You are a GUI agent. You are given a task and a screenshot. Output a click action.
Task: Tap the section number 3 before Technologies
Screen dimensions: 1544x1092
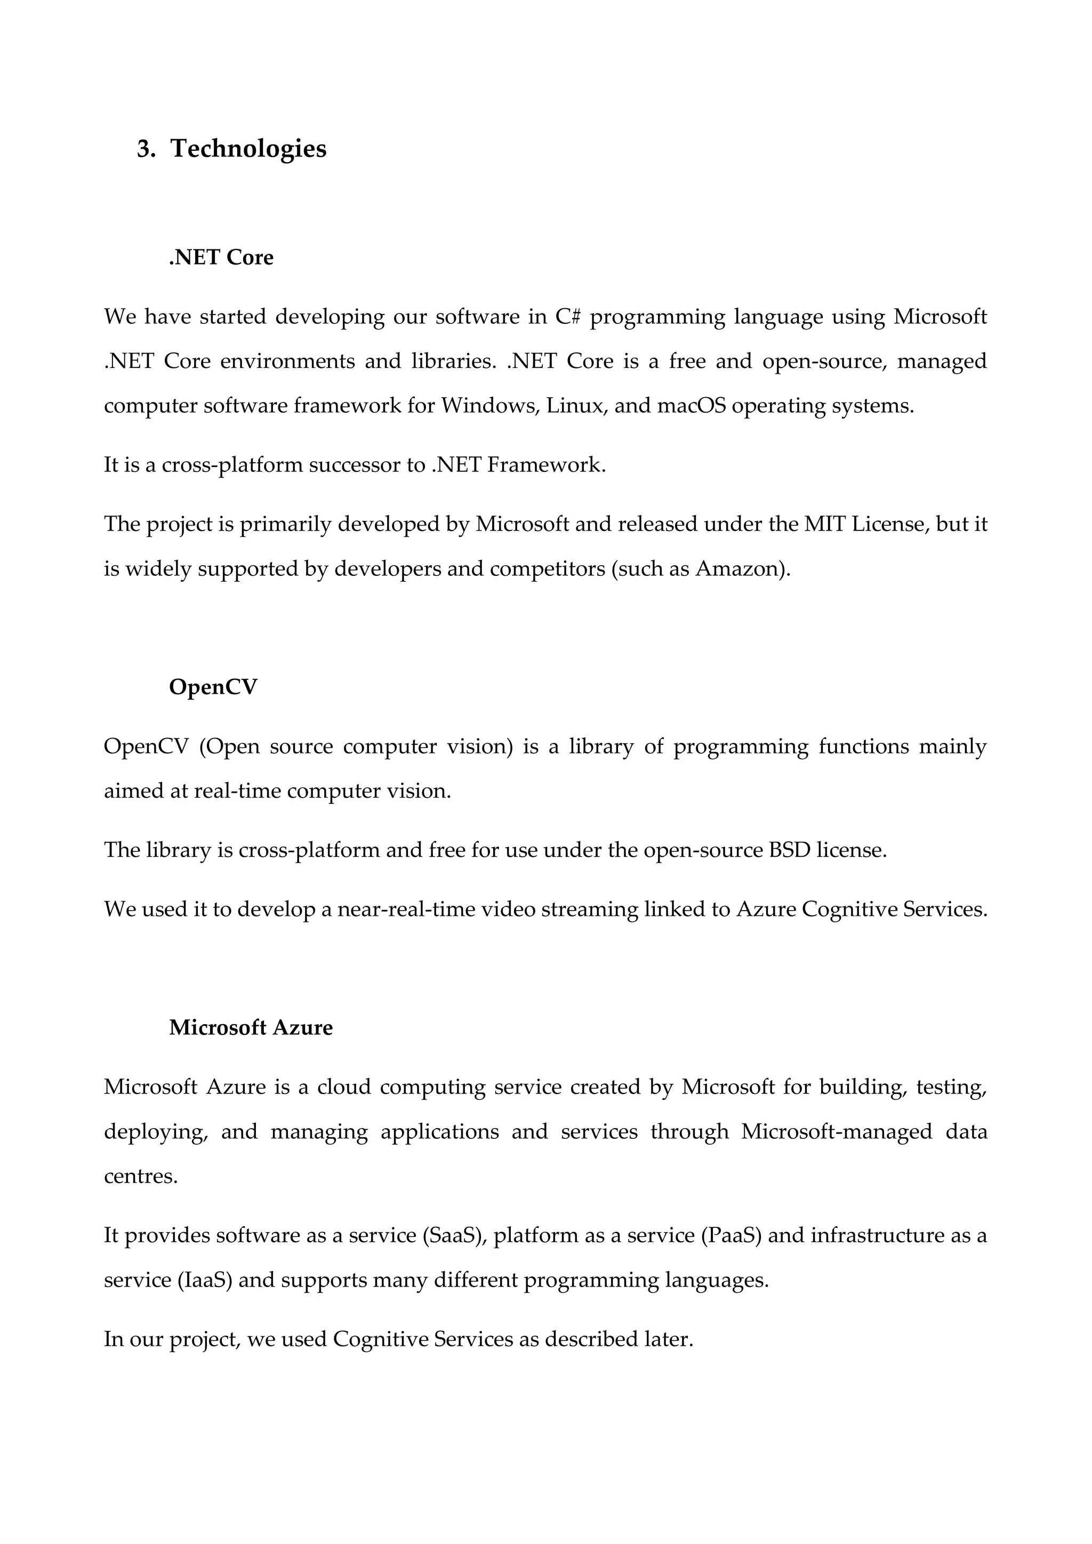144,149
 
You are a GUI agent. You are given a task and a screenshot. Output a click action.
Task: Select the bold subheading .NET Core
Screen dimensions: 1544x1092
221,258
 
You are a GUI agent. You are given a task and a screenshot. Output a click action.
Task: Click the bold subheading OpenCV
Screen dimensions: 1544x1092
213,687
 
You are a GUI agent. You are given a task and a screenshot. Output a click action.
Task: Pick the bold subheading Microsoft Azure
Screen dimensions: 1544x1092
251,1027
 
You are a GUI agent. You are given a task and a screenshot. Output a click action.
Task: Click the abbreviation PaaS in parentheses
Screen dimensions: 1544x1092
731,1235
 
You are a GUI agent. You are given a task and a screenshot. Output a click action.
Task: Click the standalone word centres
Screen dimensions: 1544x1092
141,1176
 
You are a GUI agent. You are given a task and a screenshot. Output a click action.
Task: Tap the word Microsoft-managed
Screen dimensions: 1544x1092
837,1131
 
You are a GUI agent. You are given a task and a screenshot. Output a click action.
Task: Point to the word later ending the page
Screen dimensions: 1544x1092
668,1339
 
